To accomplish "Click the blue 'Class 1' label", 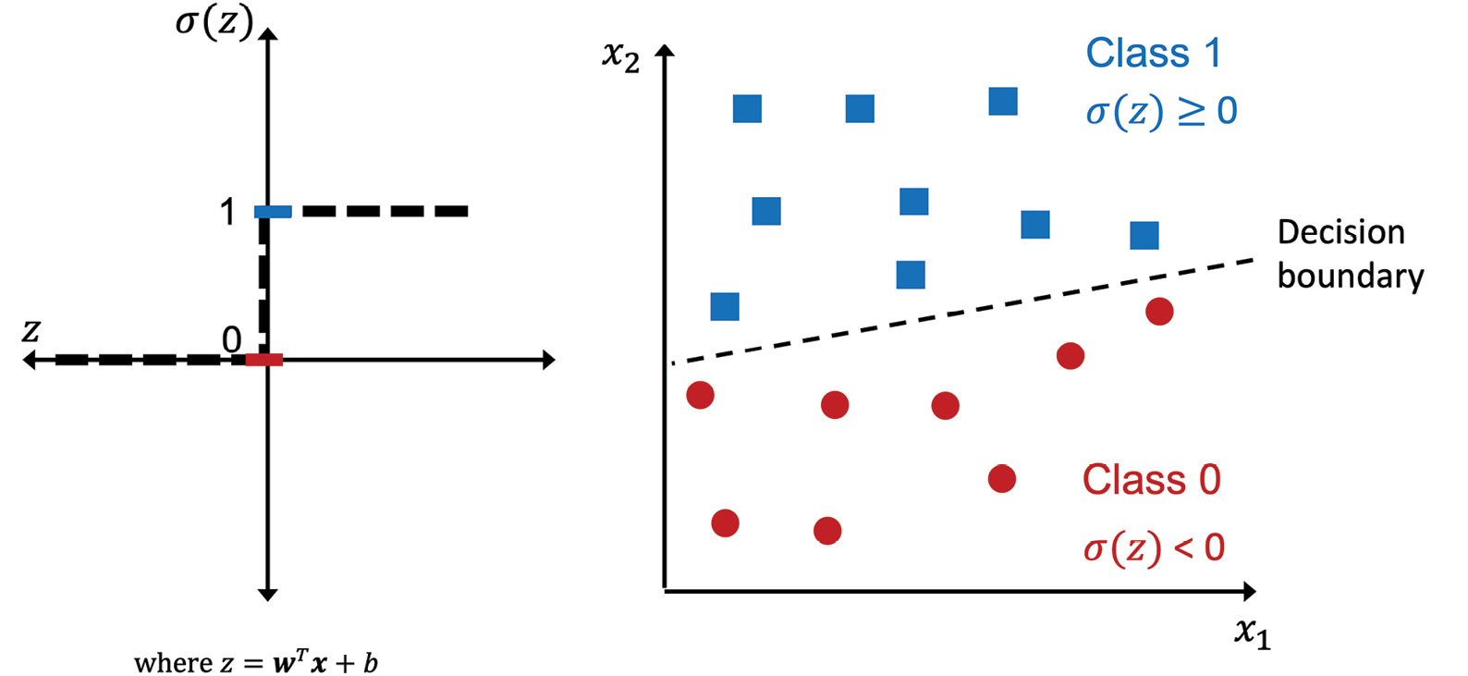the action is point(1154,53).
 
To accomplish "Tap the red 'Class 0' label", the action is point(1152,479).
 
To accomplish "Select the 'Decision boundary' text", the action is point(1350,254).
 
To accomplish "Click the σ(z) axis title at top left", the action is point(214,23).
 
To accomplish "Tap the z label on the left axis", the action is point(31,330).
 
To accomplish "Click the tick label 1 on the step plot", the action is point(227,212).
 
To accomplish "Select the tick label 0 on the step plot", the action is point(231,339).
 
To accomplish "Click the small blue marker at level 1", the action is point(273,211).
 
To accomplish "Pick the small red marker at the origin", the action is point(264,360).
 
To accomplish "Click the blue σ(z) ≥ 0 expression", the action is point(1161,112).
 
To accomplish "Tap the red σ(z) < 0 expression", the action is point(1154,547).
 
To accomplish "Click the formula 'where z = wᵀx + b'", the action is point(256,663).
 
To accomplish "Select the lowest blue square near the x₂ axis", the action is point(725,306).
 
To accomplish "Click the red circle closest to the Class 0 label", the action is point(1002,479).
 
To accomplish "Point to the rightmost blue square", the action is point(1144,236).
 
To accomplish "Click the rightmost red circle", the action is point(1159,312).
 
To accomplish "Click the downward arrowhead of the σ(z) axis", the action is point(267,595).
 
